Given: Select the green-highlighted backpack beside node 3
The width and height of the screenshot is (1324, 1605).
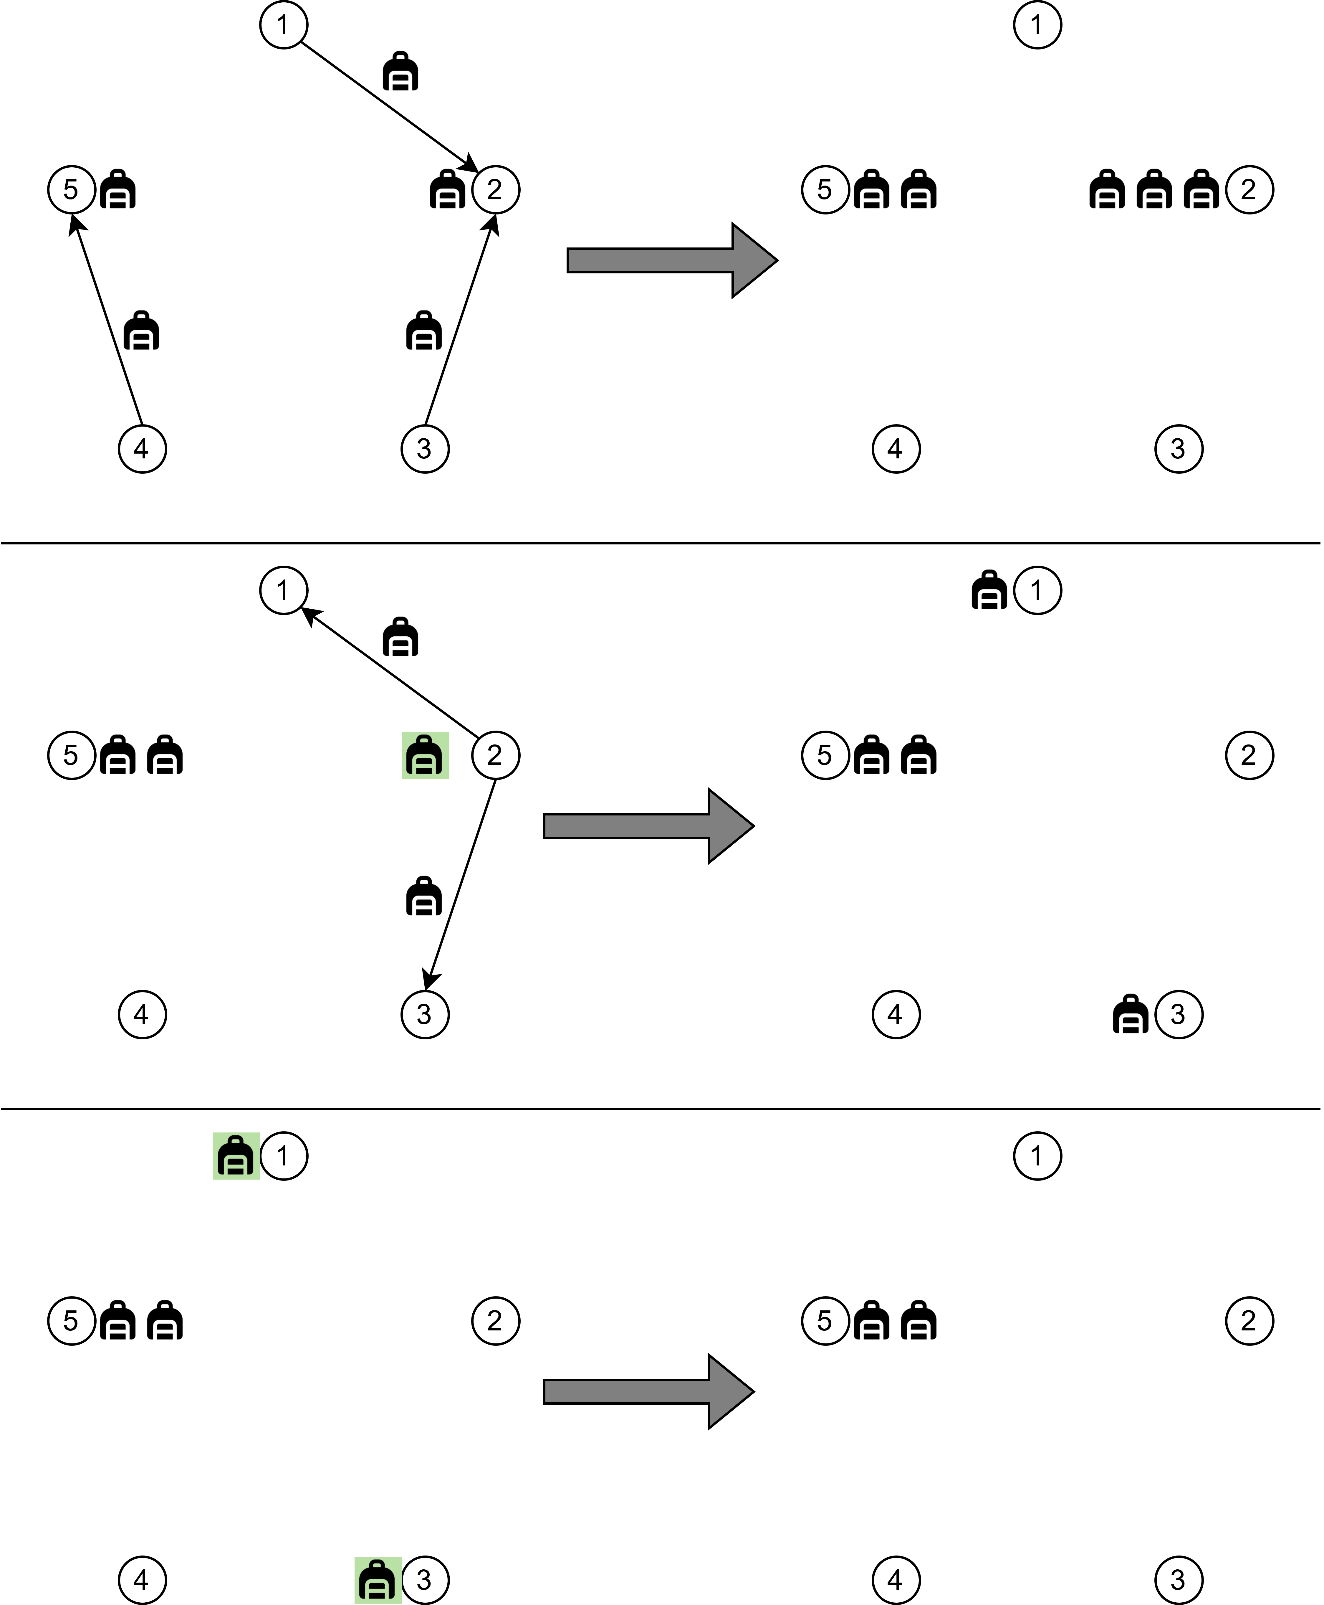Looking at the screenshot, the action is coord(378,1580).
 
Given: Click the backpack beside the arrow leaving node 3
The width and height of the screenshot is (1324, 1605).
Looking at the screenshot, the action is coord(424,330).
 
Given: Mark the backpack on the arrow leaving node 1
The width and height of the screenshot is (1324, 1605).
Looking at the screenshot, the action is coord(400,71).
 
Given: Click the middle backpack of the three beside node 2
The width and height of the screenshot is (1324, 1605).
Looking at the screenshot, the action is coord(1155,189).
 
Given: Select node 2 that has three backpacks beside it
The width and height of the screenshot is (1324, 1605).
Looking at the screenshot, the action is coord(1249,189).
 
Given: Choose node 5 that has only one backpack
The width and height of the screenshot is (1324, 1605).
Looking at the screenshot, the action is coord(71,189).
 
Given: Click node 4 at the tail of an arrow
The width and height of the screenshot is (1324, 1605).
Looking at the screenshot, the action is coord(142,449).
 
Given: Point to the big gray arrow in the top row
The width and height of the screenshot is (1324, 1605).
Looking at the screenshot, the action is coord(672,260).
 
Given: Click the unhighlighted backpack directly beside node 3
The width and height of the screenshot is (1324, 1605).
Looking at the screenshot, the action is coord(1131,1015).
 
